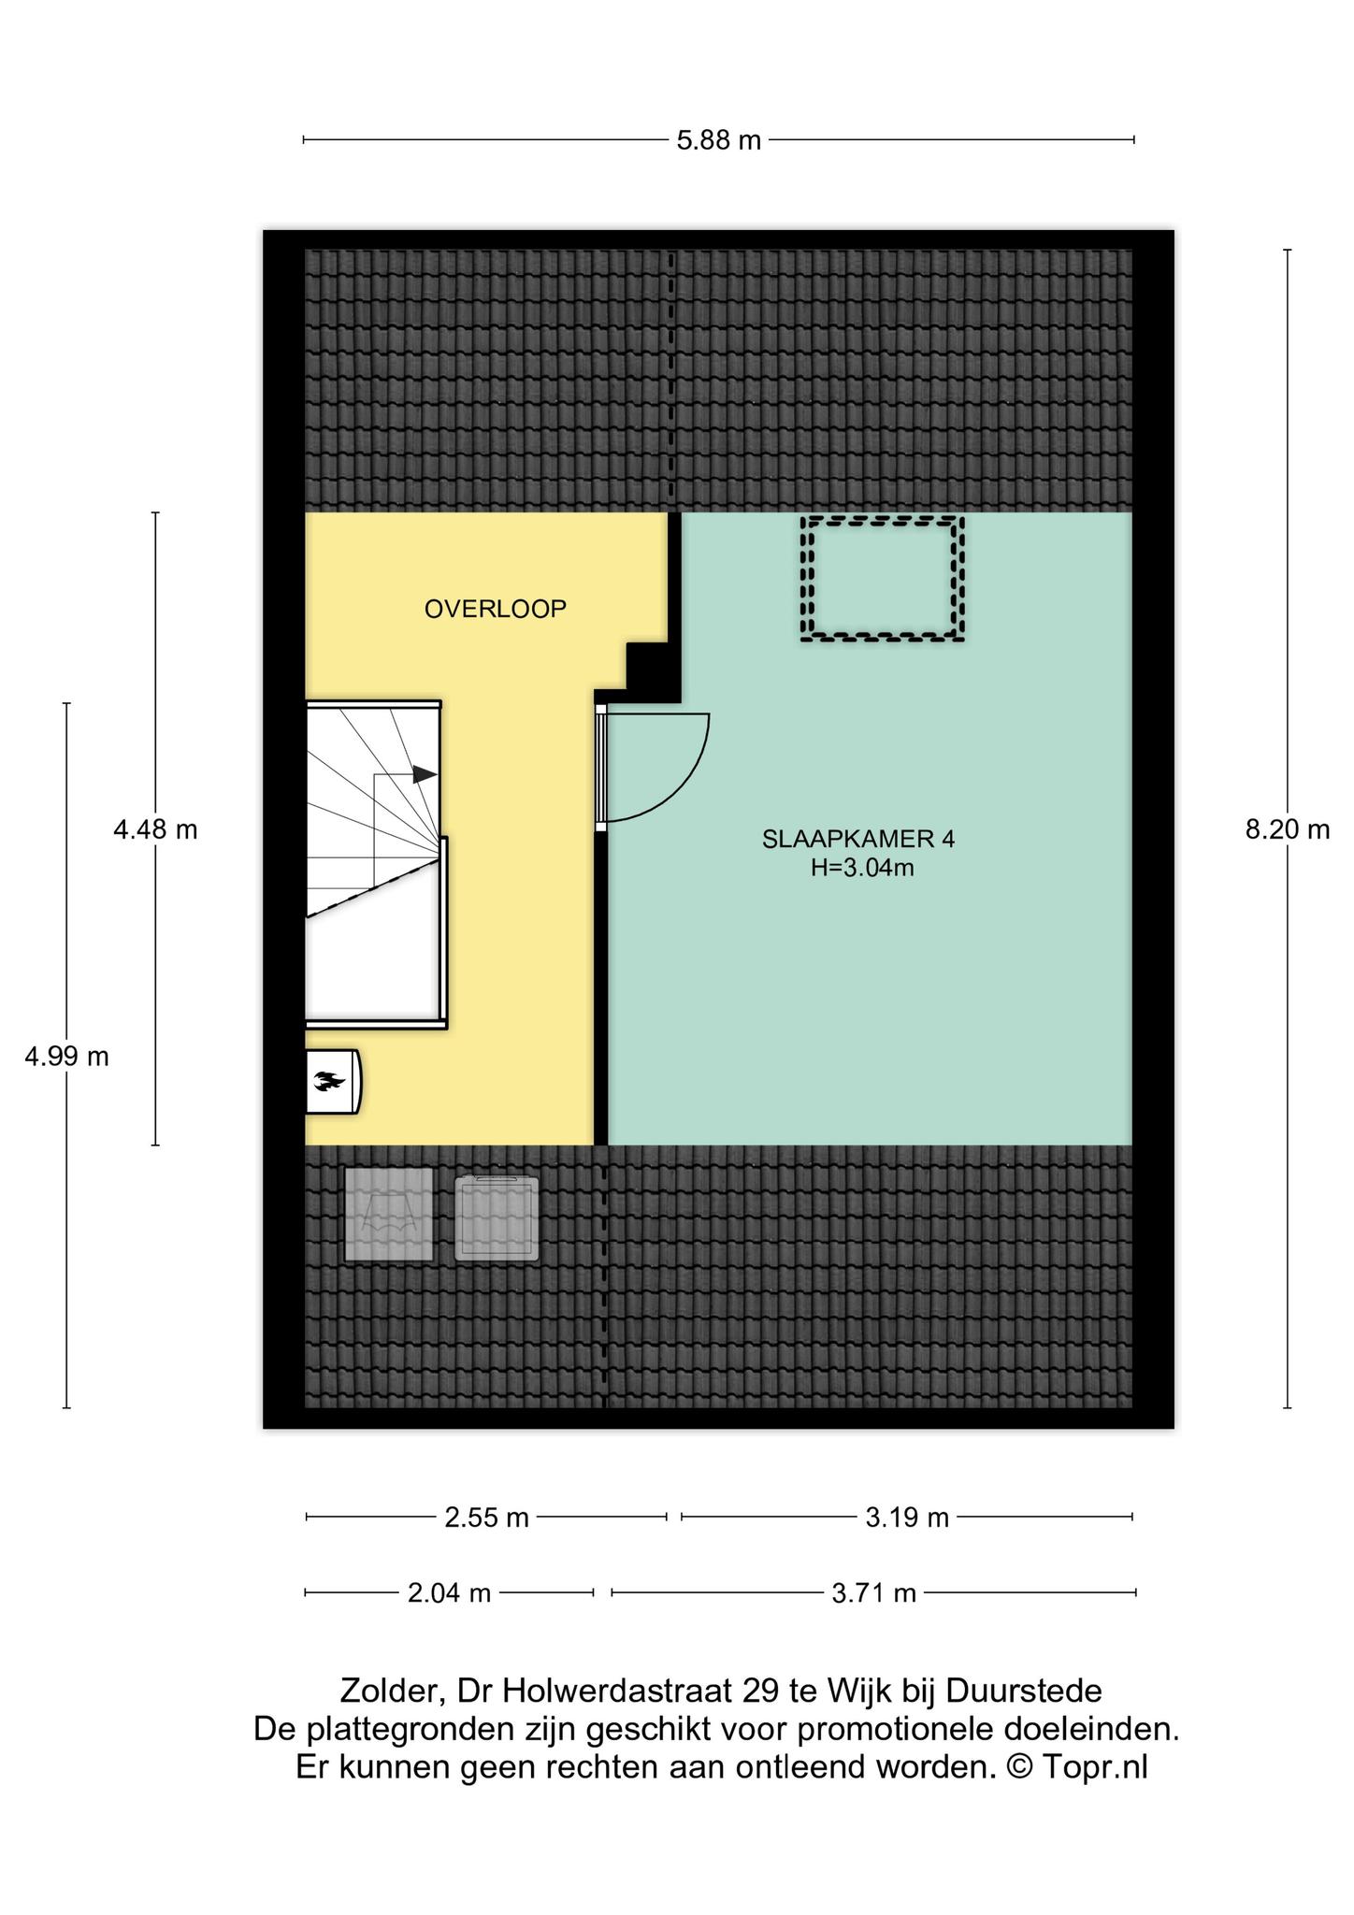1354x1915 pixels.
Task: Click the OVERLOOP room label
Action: tap(496, 610)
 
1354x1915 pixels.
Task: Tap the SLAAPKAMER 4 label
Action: tap(858, 839)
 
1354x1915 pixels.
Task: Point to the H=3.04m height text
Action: tap(862, 868)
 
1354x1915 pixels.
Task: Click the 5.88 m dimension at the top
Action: tap(718, 141)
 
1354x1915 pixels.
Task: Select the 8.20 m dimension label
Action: tap(1288, 829)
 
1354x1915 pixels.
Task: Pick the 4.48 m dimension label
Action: tap(155, 829)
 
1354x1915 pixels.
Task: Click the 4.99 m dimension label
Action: tap(66, 1057)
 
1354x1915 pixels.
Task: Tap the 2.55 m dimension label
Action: tap(486, 1517)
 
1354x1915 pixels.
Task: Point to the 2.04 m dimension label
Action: tap(449, 1591)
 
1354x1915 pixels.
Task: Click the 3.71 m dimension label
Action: tap(874, 1591)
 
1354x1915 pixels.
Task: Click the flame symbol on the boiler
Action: tap(331, 1082)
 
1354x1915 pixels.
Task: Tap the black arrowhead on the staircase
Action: tap(425, 774)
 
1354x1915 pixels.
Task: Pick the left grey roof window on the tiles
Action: tap(389, 1214)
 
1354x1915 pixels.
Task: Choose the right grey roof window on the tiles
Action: tap(497, 1219)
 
